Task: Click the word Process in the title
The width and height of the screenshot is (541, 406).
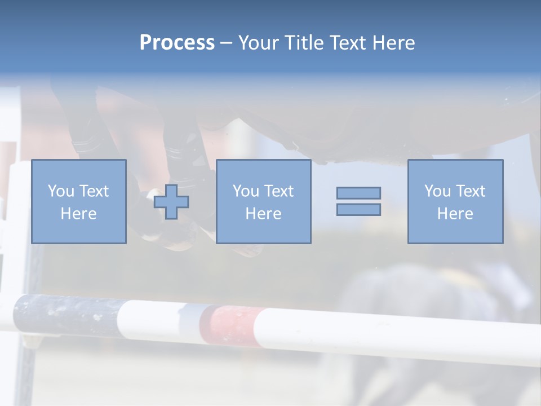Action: [x=177, y=43]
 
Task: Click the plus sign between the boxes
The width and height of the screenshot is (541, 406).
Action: [x=171, y=202]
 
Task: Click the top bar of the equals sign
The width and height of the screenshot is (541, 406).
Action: [x=358, y=193]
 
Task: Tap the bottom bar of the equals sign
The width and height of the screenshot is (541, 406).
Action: [x=358, y=209]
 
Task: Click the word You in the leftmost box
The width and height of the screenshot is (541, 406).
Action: [x=61, y=191]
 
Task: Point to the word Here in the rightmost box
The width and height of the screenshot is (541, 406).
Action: [x=455, y=214]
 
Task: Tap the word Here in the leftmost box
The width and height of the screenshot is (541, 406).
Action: [x=78, y=214]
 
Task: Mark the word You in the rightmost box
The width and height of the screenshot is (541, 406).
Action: [x=437, y=191]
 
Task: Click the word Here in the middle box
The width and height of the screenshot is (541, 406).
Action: [x=263, y=214]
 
